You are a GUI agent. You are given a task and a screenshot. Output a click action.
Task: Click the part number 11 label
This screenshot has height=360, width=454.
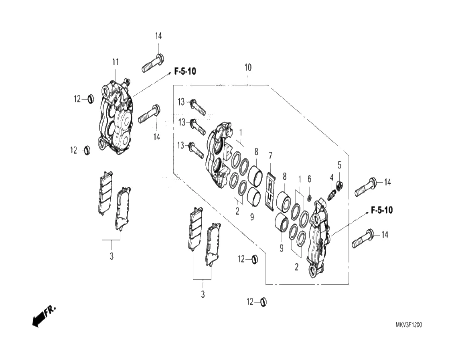click(116, 62)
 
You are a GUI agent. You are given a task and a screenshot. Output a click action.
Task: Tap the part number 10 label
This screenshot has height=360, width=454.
click(248, 67)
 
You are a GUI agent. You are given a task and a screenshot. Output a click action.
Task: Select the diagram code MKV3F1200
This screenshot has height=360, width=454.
click(409, 325)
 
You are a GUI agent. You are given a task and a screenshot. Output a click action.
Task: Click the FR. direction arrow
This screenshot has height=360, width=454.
click(44, 316)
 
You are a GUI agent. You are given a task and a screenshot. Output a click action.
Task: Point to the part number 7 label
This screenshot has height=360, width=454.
click(270, 156)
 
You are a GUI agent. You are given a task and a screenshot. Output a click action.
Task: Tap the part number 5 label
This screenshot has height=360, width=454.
click(339, 165)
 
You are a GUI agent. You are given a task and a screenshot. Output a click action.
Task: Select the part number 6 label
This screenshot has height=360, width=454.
click(309, 179)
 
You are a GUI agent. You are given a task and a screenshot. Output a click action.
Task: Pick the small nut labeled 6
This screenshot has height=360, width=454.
click(309, 198)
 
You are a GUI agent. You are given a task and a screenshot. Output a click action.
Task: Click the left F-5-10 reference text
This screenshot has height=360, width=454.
click(185, 71)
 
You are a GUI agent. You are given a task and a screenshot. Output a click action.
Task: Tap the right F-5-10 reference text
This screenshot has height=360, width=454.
click(382, 210)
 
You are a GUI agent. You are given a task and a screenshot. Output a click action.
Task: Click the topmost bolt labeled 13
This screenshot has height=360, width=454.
click(198, 107)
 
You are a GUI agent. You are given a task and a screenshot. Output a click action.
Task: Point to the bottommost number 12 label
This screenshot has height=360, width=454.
click(250, 302)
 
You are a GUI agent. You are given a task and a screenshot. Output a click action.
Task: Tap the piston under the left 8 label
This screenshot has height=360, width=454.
click(255, 176)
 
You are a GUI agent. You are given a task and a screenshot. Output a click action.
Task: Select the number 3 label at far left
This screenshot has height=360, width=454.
click(111, 256)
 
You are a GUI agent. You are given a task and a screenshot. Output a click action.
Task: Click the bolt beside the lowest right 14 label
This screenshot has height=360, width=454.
click(363, 238)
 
